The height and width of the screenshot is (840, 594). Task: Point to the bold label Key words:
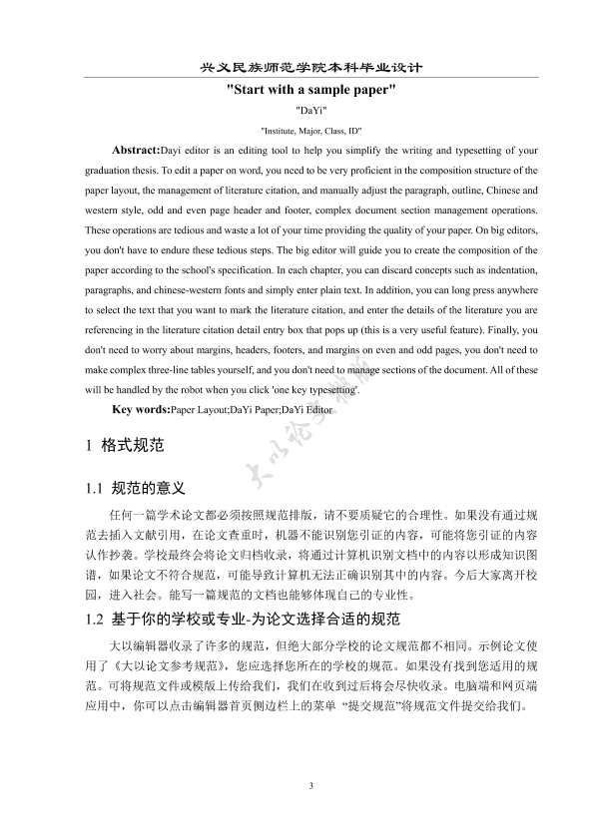coord(141,410)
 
